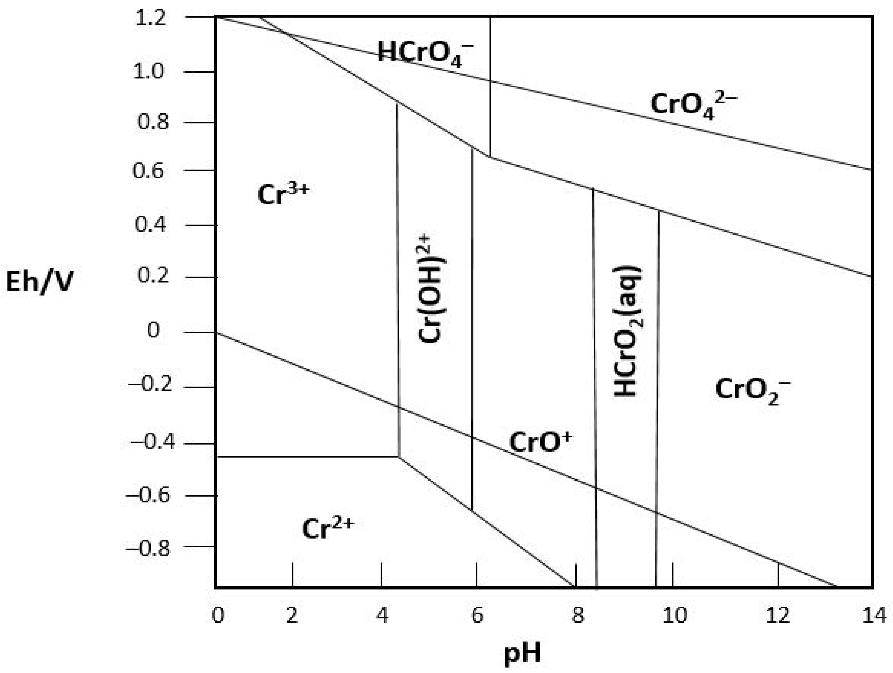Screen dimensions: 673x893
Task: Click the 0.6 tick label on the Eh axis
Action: pos(148,171)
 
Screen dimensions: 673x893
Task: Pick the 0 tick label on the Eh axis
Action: pos(153,330)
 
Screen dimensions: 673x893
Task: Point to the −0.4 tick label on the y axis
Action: pos(148,442)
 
